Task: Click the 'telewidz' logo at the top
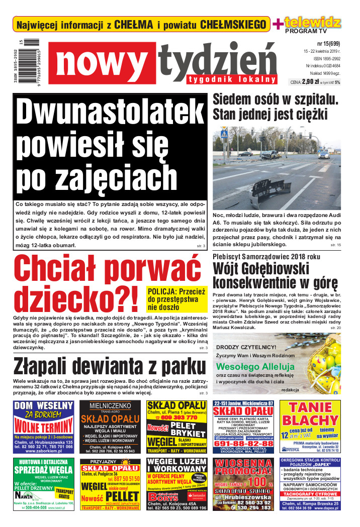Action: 313,23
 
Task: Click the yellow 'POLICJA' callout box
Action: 176,299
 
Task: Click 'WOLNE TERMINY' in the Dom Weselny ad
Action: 44,426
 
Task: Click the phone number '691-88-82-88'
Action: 244,444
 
